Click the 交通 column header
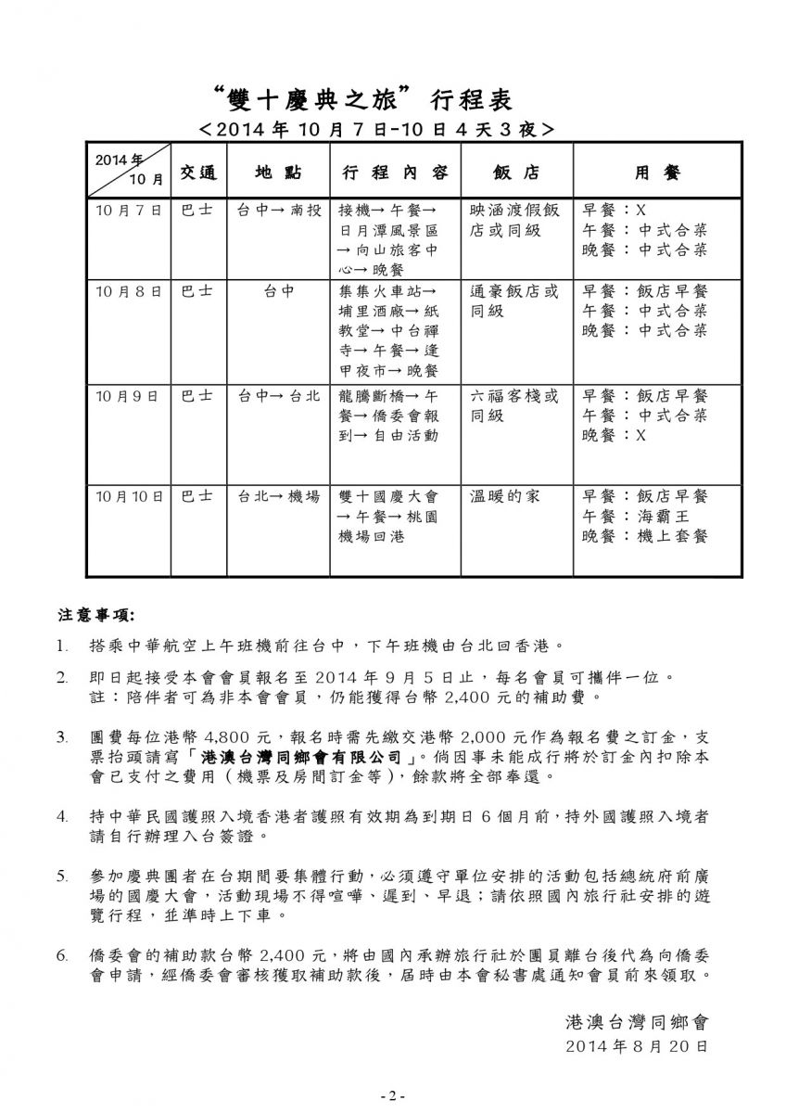197,173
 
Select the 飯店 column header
516,173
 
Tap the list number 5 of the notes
61,875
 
